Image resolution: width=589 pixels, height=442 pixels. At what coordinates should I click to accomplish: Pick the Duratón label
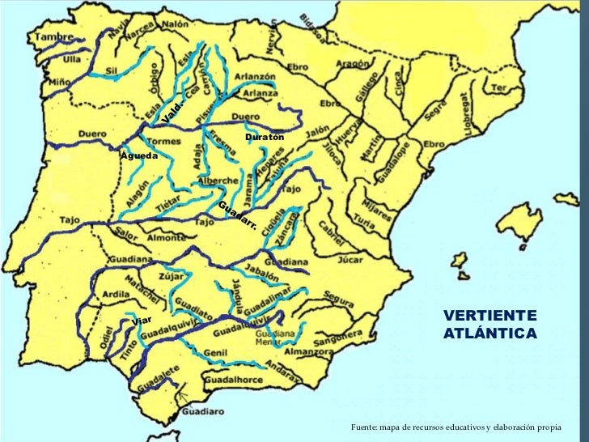coord(265,138)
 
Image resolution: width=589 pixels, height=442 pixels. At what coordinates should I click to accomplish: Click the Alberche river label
coord(218,181)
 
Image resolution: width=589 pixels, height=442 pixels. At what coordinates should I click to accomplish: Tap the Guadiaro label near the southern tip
coord(201,410)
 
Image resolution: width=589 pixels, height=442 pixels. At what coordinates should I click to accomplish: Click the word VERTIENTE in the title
coord(489,315)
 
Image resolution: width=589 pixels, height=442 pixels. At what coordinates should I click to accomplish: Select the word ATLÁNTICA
coord(489,333)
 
